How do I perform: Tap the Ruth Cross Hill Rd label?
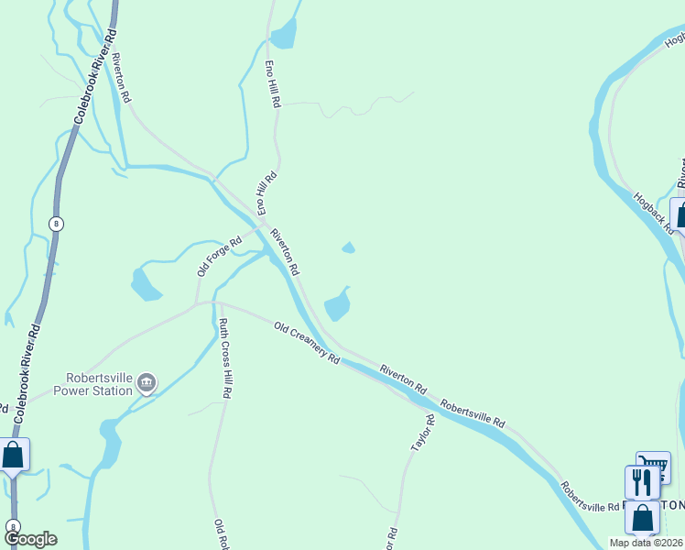[x=223, y=357]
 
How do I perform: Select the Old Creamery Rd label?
[x=307, y=342]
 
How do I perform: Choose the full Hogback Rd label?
[x=652, y=212]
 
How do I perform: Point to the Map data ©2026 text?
[x=647, y=543]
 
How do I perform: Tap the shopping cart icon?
[x=653, y=467]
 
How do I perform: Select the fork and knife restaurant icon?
[x=642, y=482]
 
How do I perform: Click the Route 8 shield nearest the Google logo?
[x=13, y=526]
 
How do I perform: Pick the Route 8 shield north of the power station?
[x=57, y=223]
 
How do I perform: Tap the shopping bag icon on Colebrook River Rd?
[x=13, y=455]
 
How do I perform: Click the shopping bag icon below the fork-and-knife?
[x=643, y=518]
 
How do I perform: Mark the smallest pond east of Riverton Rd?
[x=348, y=247]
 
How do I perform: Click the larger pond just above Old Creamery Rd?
[x=338, y=304]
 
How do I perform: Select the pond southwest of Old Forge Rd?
[x=145, y=283]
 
